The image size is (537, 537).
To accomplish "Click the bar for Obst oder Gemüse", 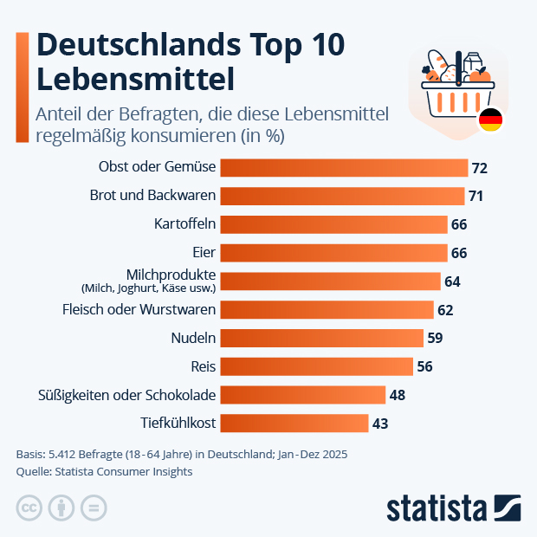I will [x=344, y=167].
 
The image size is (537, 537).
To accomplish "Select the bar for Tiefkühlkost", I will [x=294, y=424].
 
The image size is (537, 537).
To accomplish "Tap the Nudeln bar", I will [x=322, y=338].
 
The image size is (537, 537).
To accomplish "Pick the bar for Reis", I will [x=317, y=366].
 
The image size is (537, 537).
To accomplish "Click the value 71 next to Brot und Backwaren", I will [x=476, y=196].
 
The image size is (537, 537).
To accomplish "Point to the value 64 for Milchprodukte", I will [x=452, y=281].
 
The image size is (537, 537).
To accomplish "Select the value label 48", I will [x=397, y=395].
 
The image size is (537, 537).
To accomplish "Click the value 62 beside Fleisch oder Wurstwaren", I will [x=445, y=310].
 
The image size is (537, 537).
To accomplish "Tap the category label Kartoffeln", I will [x=184, y=224].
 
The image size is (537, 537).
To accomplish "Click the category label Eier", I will [x=204, y=253].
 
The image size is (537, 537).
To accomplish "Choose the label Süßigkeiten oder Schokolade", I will [x=127, y=395].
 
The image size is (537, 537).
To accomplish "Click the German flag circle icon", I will [x=491, y=120].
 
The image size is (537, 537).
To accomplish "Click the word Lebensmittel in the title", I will [x=136, y=79].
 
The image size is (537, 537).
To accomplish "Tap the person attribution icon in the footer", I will [x=61, y=508].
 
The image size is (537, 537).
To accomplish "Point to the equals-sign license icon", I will [x=93, y=508].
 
